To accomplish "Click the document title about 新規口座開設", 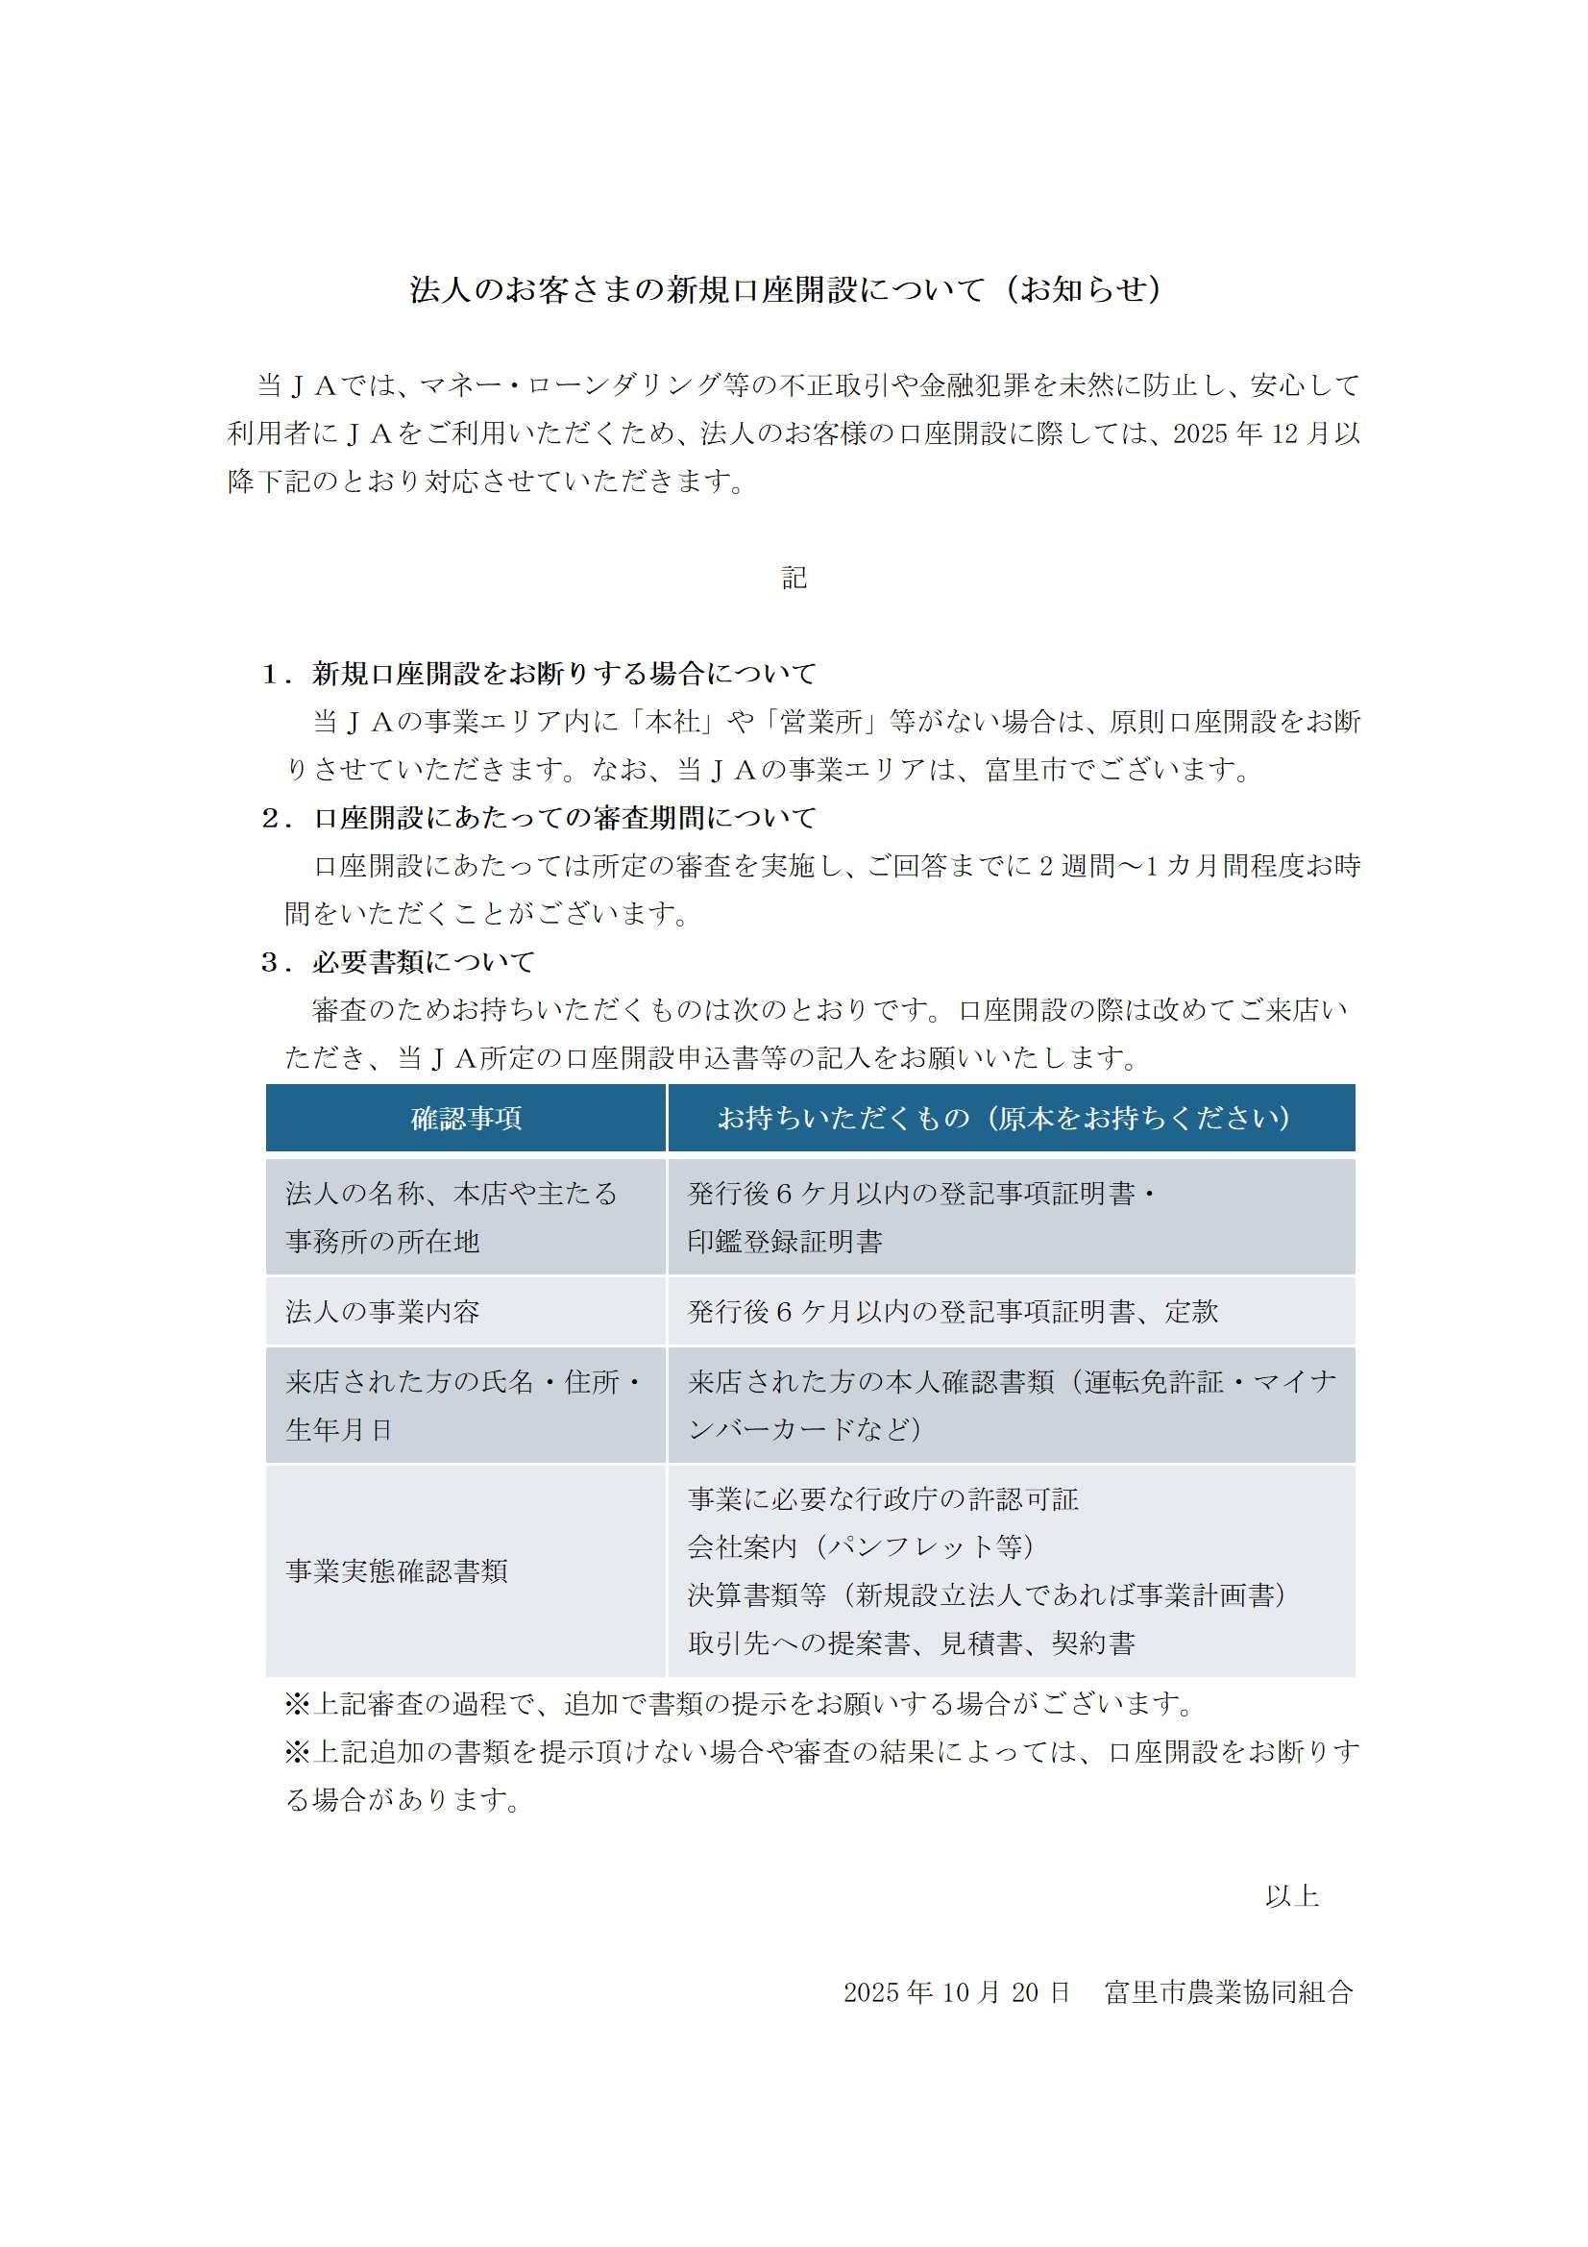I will tap(785, 289).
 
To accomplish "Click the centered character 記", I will tap(794, 578).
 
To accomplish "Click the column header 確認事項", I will tap(466, 1118).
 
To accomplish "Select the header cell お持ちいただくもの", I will tap(1010, 1118).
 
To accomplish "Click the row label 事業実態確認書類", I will tap(396, 1570).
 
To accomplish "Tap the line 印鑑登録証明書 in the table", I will tap(785, 1242).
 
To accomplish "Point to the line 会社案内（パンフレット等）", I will tap(861, 1546).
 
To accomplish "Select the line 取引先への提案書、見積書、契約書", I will tap(911, 1643).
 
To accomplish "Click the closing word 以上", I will tap(1291, 1895).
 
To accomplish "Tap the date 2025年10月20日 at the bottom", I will tap(956, 1991).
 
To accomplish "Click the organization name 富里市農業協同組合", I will tap(1229, 1991).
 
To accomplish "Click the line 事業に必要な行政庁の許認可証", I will tap(883, 1498).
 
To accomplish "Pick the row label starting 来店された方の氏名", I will tap(463, 1381).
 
